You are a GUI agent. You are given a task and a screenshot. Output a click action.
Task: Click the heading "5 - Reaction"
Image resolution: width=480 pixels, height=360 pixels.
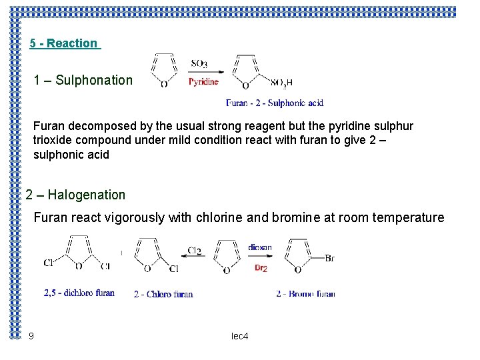point(64,43)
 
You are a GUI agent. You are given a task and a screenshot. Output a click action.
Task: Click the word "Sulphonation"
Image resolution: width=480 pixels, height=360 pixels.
point(94,81)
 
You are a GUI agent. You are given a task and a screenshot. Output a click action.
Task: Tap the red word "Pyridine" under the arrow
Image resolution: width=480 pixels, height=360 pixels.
point(203,82)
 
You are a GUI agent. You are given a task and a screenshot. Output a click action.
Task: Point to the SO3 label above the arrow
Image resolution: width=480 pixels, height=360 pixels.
point(199,63)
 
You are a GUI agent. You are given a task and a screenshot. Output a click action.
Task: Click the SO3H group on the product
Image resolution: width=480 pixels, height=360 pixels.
point(281,83)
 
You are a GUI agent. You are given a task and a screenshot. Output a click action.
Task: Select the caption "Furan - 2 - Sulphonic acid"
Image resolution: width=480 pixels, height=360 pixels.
point(275,103)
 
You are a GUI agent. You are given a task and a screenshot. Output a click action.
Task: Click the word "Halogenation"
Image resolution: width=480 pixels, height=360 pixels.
point(86,195)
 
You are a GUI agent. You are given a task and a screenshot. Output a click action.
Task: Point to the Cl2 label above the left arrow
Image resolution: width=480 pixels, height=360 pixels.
point(194,251)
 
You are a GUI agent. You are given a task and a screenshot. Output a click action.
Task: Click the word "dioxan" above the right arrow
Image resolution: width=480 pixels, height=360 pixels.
point(259,247)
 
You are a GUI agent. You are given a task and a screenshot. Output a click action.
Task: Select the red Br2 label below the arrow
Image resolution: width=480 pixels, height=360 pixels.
point(261,267)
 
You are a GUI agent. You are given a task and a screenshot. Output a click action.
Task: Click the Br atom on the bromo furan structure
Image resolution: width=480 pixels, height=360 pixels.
point(329,258)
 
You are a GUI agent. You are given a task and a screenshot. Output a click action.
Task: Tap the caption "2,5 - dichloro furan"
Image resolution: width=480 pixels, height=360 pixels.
point(79,293)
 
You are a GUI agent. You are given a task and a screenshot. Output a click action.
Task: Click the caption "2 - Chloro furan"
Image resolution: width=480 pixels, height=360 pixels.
point(163,294)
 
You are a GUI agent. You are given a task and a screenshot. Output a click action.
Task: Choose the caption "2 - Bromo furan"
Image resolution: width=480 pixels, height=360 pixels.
point(305,293)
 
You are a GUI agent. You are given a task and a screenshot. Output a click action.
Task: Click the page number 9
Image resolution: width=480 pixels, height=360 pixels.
point(31,336)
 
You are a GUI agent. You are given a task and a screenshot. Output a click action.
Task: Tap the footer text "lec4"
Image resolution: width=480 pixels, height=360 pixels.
point(239,337)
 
